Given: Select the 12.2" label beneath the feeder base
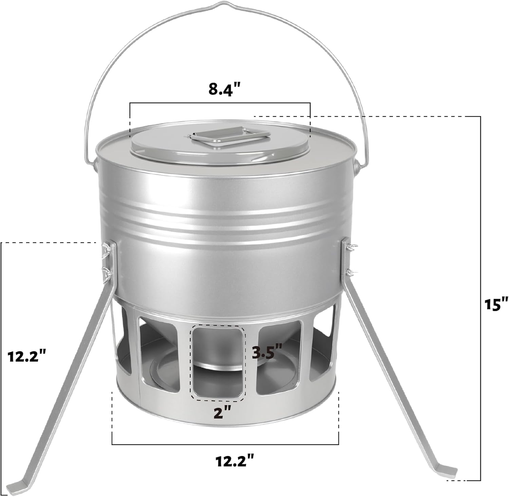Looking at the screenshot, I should point(235,460).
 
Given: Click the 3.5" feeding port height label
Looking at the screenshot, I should point(267,351).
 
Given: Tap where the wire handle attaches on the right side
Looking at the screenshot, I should point(356,167).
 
